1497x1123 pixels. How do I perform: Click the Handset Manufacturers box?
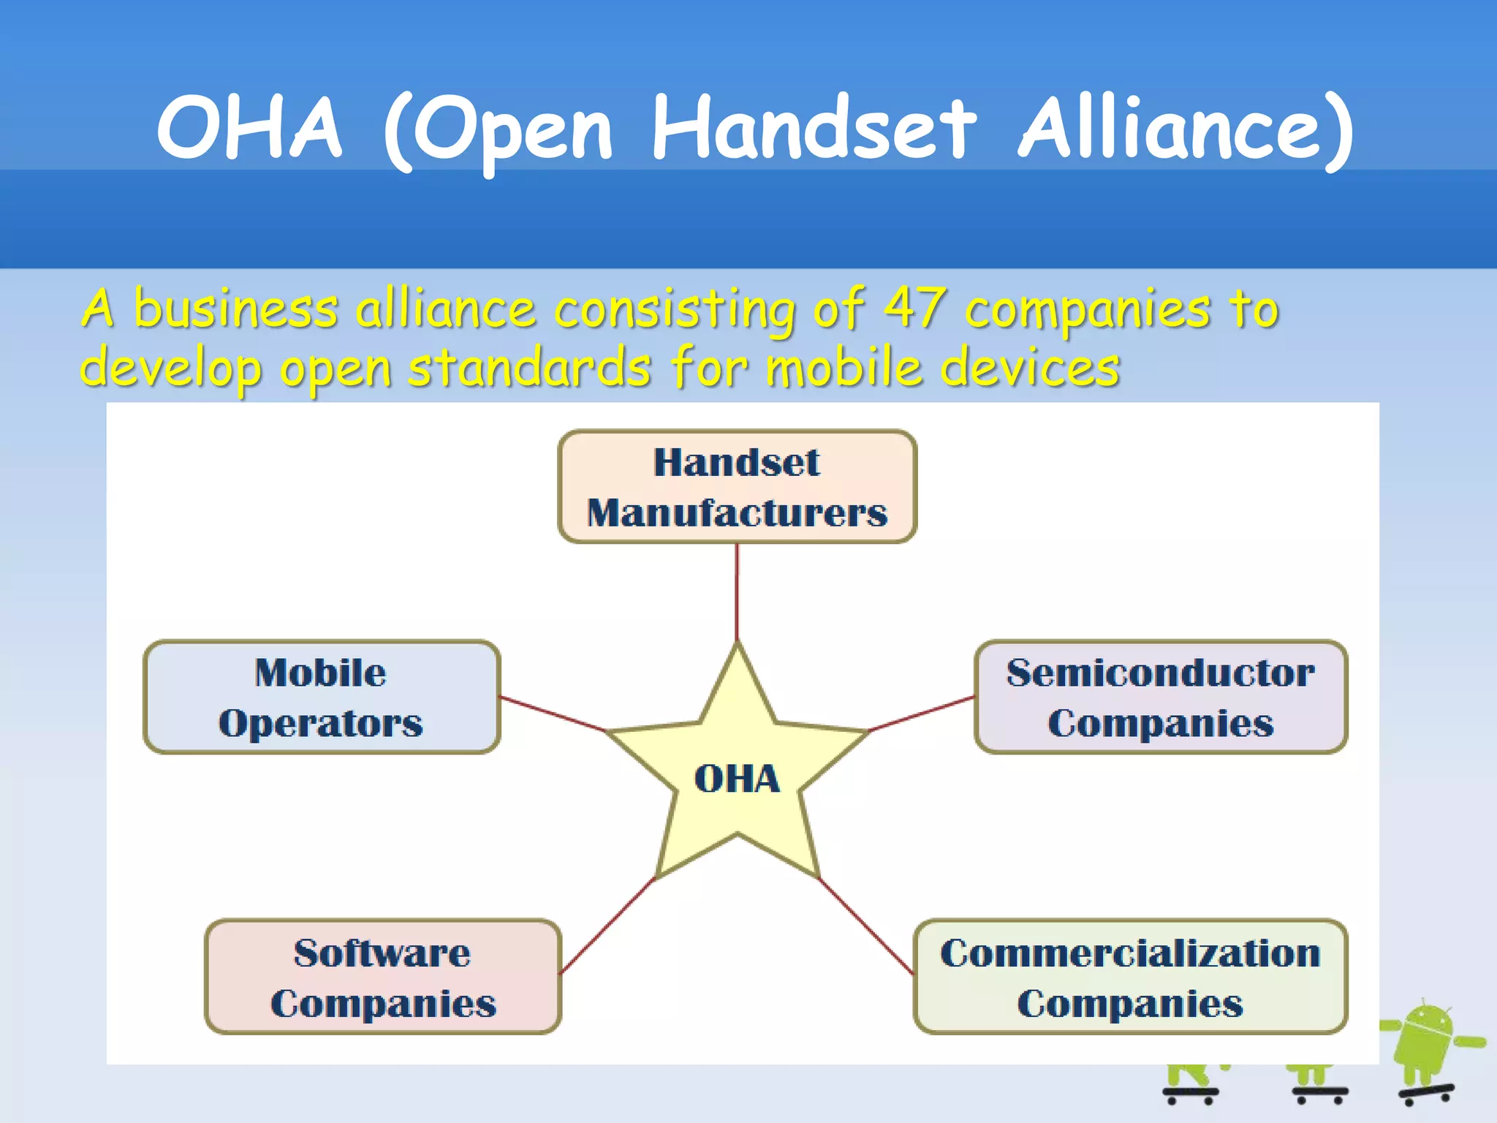[737, 487]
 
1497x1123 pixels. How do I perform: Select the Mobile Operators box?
[322, 697]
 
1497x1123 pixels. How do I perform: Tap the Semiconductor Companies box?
[1160, 697]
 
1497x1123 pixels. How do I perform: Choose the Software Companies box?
[383, 977]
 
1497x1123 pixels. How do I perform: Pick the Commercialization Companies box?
[1130, 977]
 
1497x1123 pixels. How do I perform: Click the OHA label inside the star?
[737, 779]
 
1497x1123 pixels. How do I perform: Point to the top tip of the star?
[738, 646]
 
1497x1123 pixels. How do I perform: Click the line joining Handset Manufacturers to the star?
[737, 592]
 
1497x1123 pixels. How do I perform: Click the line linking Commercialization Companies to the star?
[866, 926]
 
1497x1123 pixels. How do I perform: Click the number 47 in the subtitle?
[915, 309]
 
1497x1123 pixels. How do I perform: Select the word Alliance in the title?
[1186, 130]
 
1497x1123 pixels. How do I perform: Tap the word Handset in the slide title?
[813, 130]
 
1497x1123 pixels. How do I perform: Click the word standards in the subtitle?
[529, 368]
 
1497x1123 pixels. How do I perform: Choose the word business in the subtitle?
[235, 309]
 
